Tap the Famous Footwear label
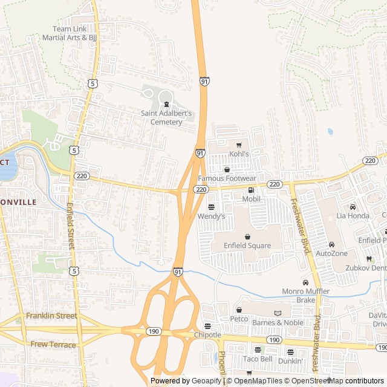[227, 178]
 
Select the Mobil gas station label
[251, 198]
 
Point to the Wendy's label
[212, 216]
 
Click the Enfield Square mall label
[247, 246]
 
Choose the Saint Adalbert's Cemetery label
[166, 117]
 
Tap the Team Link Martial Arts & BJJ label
[70, 33]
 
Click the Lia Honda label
[353, 215]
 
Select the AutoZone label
[332, 253]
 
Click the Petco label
[239, 318]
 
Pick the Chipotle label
[207, 335]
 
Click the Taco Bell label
[258, 359]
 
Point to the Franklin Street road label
[51, 316]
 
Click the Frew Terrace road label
[53, 345]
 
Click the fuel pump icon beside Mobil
[251, 190]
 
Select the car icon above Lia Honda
[353, 207]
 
